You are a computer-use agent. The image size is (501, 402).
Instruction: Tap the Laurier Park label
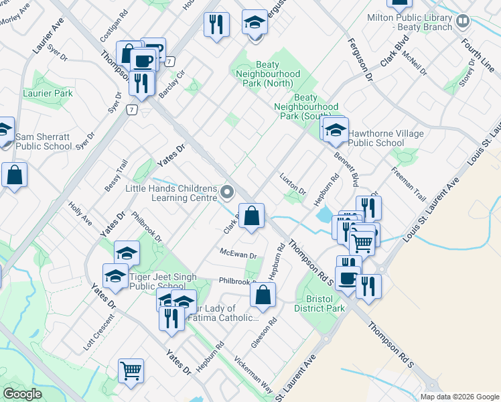pos(48,93)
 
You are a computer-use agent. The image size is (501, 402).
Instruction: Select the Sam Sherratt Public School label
pos(44,141)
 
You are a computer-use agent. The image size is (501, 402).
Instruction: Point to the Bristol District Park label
pos(319,303)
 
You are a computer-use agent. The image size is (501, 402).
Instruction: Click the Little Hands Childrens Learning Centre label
pos(171,193)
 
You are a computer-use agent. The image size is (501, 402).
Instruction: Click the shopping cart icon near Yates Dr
pos(131,371)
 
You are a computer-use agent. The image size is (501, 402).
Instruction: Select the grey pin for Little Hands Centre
pos(228,193)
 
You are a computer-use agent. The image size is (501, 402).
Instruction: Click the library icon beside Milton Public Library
pos(462,22)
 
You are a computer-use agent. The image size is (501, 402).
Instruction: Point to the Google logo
pos(23,393)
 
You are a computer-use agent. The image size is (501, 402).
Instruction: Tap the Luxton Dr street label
pos(293,184)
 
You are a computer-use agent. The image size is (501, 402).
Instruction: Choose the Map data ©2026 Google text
pos(459,397)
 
